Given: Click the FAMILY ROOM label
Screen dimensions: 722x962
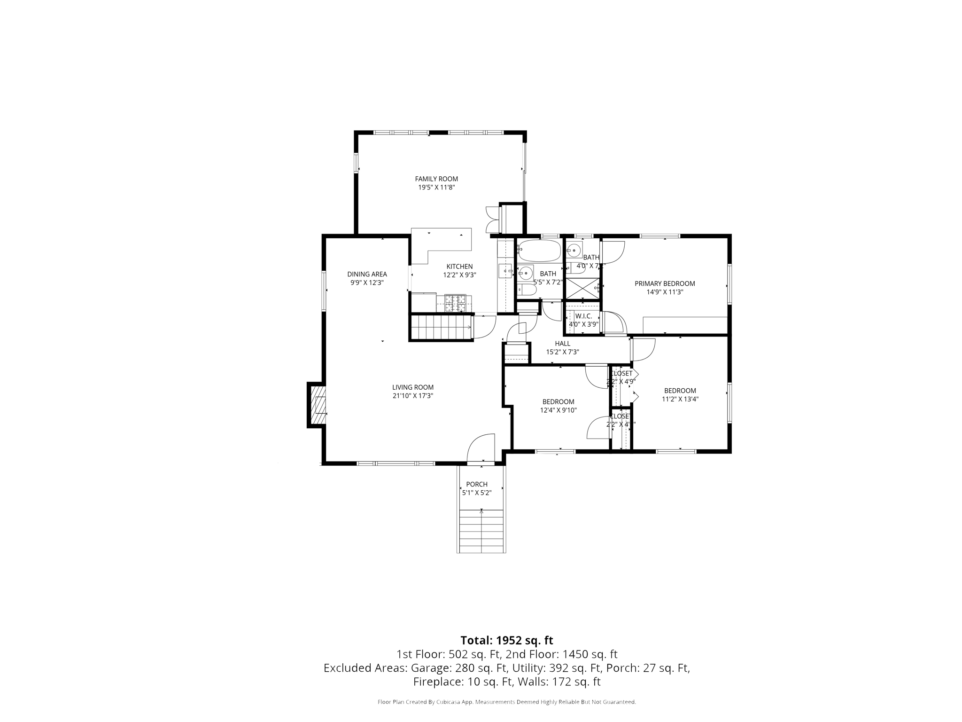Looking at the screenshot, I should point(436,179).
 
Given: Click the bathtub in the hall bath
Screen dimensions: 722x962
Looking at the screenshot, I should point(539,251).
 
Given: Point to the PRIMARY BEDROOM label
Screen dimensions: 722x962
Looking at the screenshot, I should point(664,283).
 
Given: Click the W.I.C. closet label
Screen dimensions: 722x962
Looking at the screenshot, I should point(583,316).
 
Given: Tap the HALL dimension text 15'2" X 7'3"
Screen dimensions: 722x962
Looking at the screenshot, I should point(562,352).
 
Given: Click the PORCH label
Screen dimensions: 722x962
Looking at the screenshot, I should point(476,484).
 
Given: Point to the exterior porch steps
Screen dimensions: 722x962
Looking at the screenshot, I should point(481,531).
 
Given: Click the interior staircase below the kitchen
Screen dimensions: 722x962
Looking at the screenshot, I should point(441,327).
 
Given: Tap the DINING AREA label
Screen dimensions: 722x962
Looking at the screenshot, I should point(367,274).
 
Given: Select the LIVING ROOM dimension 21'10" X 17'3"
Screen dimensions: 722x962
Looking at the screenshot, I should point(412,396).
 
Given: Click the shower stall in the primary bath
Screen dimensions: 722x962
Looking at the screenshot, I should point(582,288).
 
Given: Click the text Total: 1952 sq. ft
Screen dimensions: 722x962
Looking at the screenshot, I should point(506,640).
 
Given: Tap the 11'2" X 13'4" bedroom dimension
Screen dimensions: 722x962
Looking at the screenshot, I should point(680,399).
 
